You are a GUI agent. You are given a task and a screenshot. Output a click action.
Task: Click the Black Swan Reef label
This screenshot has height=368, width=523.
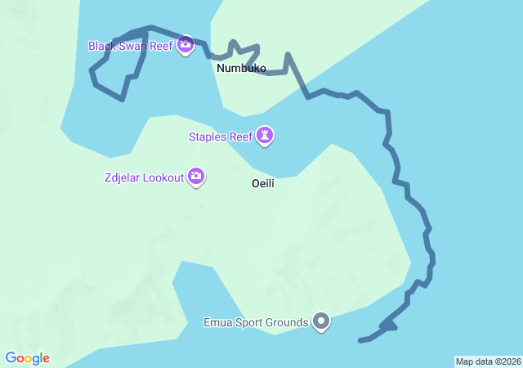point(131,46)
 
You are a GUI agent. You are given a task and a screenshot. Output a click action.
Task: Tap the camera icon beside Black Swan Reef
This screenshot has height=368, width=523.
point(186,45)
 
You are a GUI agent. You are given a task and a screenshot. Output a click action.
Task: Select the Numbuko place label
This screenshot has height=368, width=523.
point(241,69)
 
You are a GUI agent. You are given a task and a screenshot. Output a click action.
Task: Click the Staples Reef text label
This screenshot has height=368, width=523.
point(221,137)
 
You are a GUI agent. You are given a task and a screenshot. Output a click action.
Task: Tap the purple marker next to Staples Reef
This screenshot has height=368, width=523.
point(265,136)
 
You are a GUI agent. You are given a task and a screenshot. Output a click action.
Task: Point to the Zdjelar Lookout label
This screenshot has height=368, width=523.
point(144,177)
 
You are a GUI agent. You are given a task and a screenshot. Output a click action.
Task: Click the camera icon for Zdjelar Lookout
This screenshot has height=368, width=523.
point(196,176)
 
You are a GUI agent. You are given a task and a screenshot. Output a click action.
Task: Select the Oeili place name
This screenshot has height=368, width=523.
point(262,184)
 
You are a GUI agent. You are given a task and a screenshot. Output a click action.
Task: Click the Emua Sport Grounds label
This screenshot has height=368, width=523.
point(256,322)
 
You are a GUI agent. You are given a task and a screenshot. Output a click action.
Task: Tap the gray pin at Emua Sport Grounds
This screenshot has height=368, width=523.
point(322,322)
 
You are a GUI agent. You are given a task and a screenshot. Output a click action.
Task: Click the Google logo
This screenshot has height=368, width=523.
point(28,358)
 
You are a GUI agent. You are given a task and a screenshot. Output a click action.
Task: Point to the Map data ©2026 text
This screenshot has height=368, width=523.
point(487,361)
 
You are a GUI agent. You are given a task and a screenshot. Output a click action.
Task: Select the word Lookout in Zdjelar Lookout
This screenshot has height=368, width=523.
point(164,177)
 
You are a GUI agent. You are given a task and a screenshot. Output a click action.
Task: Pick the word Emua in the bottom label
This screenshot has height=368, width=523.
point(217,322)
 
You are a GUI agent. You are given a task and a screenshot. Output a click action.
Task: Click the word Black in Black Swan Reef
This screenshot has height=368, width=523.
point(103,46)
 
